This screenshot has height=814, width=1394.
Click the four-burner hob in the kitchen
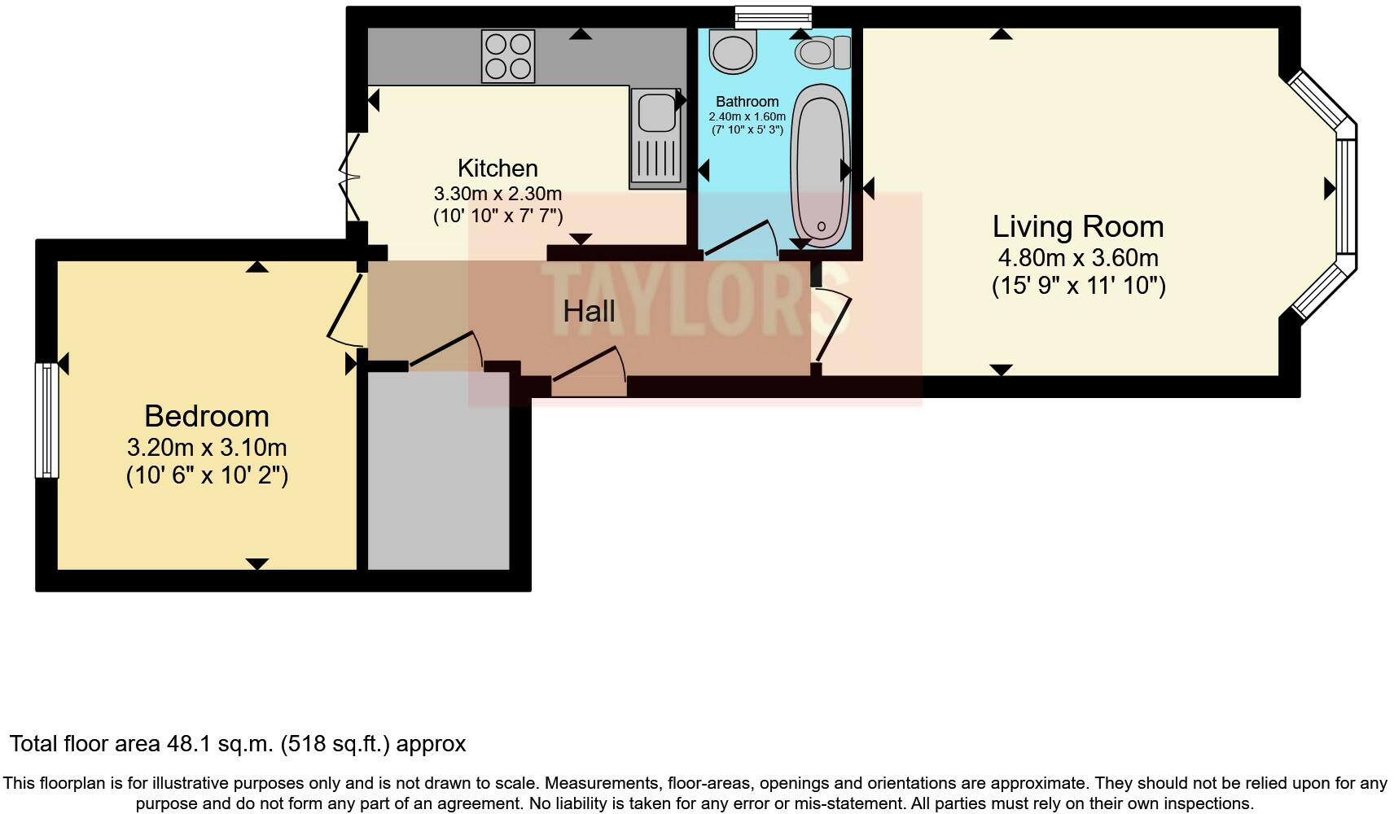508,56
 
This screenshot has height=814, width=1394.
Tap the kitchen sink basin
656,112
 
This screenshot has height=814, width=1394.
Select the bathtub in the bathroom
820,165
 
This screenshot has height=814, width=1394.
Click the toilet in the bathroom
822,53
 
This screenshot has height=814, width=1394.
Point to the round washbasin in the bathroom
732,52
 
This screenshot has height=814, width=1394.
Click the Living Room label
1077,226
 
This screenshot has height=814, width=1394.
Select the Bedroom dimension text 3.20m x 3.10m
207,448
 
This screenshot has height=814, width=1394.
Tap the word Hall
589,311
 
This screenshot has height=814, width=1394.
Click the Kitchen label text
498,168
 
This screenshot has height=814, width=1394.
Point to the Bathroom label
747,102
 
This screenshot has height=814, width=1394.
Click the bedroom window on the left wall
47,420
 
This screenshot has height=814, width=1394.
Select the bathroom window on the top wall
773,16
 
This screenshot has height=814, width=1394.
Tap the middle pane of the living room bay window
1346,196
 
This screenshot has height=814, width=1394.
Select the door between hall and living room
832,326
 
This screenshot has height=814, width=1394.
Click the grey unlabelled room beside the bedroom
438,472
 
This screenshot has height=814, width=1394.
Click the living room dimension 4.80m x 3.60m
1077,258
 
